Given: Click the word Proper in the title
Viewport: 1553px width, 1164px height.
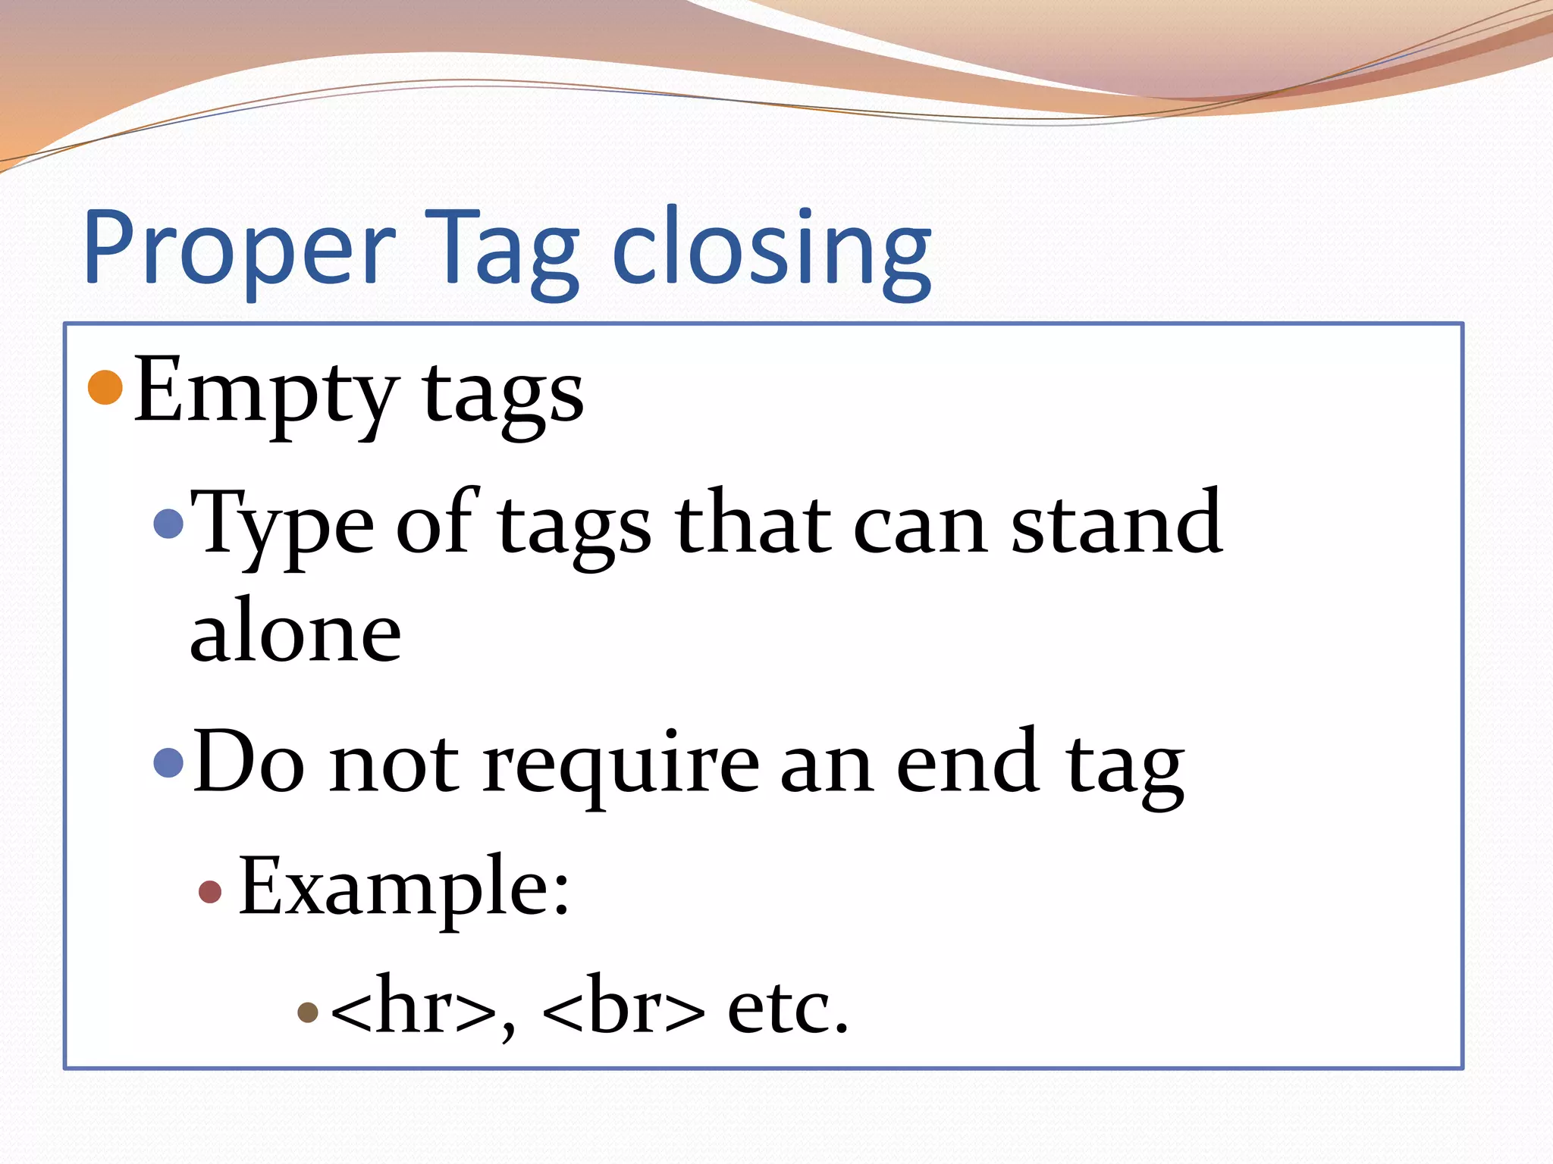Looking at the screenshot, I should pos(239,249).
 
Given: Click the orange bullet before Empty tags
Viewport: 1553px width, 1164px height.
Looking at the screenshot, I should pos(105,387).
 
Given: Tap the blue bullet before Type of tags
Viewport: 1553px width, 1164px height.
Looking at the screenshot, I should pos(168,523).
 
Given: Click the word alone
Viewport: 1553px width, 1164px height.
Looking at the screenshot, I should pos(295,631).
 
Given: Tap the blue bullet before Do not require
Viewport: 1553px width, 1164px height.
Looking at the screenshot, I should pos(168,762).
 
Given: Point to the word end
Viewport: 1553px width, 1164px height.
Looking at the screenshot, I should pos(968,762).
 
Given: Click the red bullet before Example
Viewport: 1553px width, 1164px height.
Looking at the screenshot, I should pos(210,891).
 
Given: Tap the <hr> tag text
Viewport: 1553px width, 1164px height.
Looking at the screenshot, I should pos(414,1006).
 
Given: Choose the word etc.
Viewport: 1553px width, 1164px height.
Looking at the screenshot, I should pos(787,1008).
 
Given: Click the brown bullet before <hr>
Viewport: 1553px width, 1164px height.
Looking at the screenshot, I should pos(307,1012).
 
